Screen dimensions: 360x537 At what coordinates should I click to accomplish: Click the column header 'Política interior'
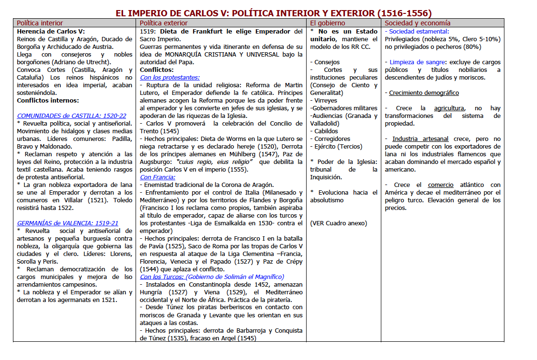click(40, 23)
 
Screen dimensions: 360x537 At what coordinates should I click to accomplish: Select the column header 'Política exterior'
click(164, 23)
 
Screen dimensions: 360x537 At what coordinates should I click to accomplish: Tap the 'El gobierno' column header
click(327, 23)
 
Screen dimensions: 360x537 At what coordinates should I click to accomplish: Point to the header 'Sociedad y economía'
click(417, 23)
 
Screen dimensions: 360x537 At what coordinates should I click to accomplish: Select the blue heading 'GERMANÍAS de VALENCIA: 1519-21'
click(68, 223)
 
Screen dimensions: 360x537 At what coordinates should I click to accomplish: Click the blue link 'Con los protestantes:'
click(170, 77)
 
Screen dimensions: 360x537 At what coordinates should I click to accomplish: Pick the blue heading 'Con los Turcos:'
click(162, 277)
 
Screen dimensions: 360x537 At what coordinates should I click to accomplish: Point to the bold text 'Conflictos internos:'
click(48, 100)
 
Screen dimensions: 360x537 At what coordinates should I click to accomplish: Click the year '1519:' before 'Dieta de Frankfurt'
click(149, 31)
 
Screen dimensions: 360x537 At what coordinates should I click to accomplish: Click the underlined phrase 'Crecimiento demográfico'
click(423, 93)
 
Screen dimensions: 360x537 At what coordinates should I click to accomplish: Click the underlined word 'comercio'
click(441, 185)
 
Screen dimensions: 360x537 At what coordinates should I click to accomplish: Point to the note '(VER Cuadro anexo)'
click(338, 223)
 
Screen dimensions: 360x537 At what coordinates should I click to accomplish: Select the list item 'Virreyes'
click(326, 100)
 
